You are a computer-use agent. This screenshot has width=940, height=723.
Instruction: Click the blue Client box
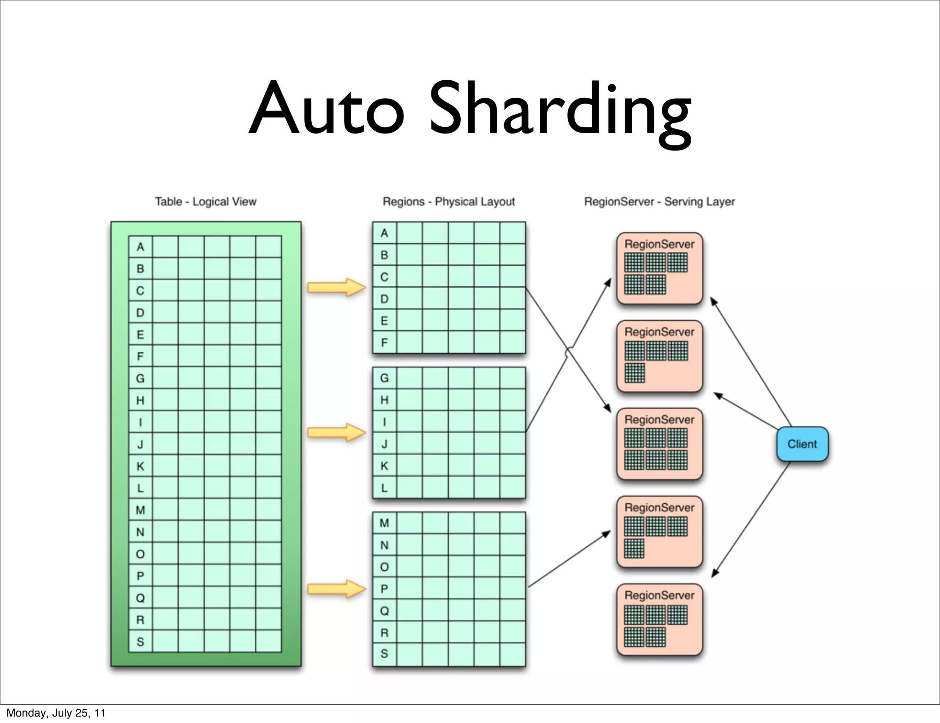802,444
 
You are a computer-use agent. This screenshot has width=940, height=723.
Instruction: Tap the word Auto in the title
327,110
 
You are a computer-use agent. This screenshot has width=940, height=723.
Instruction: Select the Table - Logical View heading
206,202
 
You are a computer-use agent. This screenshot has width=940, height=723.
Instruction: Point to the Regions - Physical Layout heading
448,202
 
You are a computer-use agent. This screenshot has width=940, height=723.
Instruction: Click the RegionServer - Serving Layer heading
659,202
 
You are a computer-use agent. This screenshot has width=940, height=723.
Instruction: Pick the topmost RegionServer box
660,268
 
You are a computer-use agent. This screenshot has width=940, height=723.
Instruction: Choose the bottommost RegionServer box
660,619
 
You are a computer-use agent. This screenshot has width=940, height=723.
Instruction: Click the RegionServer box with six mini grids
660,444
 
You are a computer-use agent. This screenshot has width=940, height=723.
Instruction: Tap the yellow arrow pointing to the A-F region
336,288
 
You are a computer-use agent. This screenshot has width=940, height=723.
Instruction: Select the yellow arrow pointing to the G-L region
336,433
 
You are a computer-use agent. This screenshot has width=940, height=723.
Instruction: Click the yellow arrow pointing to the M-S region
336,589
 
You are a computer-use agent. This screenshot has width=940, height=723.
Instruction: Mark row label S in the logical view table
140,642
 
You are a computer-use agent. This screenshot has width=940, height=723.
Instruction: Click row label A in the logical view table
140,247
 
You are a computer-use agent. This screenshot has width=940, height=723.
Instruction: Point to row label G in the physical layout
384,378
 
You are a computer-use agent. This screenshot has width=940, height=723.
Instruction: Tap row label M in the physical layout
384,523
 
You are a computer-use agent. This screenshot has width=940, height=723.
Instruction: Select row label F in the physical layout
384,343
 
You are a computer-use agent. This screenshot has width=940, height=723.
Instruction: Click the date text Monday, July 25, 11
56,713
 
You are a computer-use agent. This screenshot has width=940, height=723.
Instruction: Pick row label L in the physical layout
384,488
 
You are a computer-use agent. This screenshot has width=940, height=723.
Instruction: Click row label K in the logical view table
140,466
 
